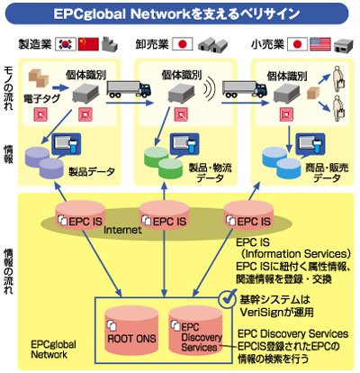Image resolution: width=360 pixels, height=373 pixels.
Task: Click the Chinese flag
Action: coord(88,44)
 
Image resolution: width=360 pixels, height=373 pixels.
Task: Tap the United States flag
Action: coord(320,44)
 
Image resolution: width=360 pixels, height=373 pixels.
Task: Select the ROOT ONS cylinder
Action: coord(131,331)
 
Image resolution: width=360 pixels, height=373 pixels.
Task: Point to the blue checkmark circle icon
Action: coord(228,299)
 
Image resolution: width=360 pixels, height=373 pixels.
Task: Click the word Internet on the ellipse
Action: coord(122,231)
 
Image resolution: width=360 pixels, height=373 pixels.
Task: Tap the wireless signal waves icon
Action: coord(211,88)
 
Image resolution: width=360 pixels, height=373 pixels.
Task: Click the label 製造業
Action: coord(34,44)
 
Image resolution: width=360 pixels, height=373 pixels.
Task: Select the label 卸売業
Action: coord(152,44)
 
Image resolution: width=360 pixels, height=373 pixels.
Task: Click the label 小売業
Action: coord(268,44)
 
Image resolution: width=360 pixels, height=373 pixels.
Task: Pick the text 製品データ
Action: coord(92,172)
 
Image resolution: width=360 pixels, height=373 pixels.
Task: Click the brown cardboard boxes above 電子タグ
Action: coord(39,78)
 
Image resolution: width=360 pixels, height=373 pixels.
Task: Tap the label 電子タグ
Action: coord(41,98)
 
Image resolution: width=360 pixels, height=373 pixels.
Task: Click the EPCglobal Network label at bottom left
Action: coord(53,350)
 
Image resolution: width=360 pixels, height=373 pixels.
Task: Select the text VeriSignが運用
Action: coord(276,313)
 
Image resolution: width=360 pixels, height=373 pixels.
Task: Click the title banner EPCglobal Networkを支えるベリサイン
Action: coord(176,14)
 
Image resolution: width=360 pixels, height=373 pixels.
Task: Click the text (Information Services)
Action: coord(294,254)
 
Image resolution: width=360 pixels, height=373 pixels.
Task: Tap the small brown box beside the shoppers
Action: coord(312,93)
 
